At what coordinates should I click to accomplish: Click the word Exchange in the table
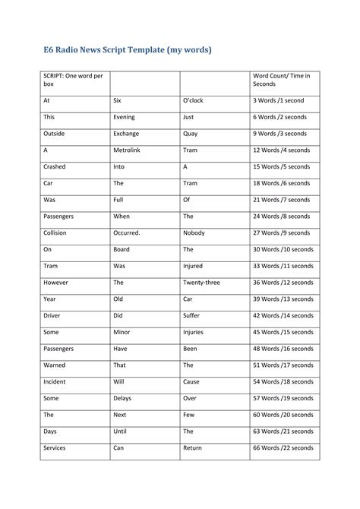tap(126, 133)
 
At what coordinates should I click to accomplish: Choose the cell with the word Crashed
tap(55, 166)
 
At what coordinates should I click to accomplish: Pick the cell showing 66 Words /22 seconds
tap(283, 447)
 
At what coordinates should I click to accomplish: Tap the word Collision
tap(57, 232)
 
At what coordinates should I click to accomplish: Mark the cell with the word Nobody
tap(194, 232)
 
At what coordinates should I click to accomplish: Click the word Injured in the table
tap(193, 266)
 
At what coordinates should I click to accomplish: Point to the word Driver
tap(53, 315)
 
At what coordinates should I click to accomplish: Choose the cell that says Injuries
tap(193, 332)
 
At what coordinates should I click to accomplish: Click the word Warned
tap(55, 365)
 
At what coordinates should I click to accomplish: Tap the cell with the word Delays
tap(122, 398)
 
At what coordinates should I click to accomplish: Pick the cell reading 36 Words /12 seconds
tap(283, 282)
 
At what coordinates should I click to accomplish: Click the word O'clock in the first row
tap(194, 100)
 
